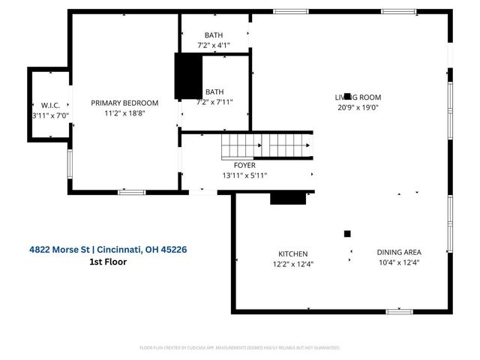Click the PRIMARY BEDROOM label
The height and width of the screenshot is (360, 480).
(x=124, y=103)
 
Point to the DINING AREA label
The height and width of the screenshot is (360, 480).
(x=398, y=252)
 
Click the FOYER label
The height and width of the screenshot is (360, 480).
(x=244, y=165)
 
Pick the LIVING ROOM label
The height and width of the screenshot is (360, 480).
(x=358, y=97)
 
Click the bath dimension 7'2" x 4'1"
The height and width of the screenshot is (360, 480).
(x=213, y=46)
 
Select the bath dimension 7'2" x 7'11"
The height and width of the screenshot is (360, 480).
(x=215, y=102)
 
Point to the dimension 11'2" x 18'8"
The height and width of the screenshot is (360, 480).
(x=124, y=114)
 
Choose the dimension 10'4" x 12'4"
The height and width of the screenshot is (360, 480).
(x=398, y=262)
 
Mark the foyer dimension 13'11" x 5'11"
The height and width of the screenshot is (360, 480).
(x=244, y=175)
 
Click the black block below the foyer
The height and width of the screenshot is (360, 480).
(x=288, y=196)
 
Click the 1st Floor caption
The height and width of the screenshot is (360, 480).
(x=108, y=262)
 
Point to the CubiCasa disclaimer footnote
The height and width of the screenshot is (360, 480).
(x=240, y=348)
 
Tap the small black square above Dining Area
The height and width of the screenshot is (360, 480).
(x=347, y=233)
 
